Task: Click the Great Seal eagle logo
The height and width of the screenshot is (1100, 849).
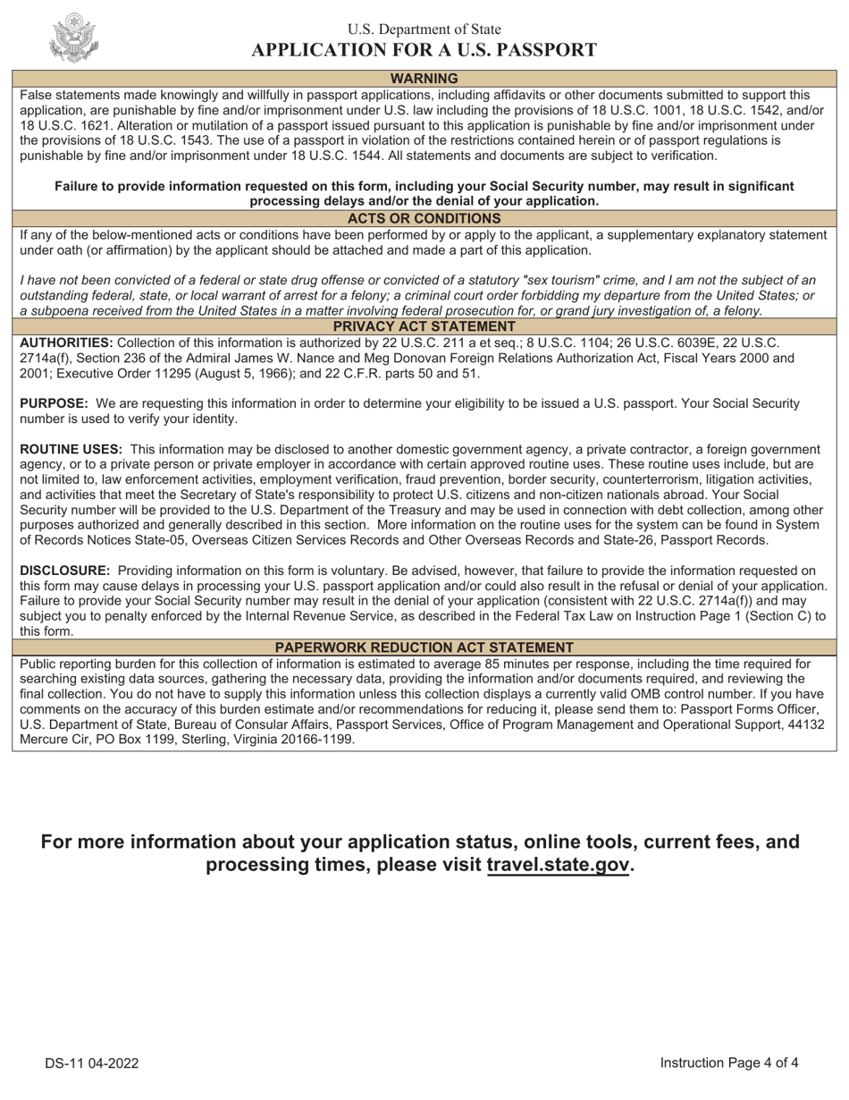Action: click(x=74, y=38)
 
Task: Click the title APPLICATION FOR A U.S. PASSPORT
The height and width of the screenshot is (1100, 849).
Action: click(x=424, y=50)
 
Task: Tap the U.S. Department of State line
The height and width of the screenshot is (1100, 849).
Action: click(x=424, y=30)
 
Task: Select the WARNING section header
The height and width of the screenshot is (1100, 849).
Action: click(x=424, y=79)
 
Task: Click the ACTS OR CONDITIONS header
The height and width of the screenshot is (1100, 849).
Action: click(x=424, y=218)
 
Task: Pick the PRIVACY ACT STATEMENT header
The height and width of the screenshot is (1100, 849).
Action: click(x=424, y=326)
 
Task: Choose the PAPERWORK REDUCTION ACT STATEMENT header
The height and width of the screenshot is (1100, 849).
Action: click(x=424, y=647)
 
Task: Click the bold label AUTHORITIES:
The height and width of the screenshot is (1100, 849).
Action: click(x=66, y=343)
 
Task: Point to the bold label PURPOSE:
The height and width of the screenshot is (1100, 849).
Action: click(x=54, y=403)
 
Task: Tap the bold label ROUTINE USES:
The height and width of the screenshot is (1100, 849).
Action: click(x=71, y=449)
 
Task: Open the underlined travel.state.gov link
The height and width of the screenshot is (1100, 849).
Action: click(x=559, y=865)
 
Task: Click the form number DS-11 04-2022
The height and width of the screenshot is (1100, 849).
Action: click(x=92, y=1063)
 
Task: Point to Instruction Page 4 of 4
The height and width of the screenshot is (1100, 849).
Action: click(x=728, y=1062)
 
